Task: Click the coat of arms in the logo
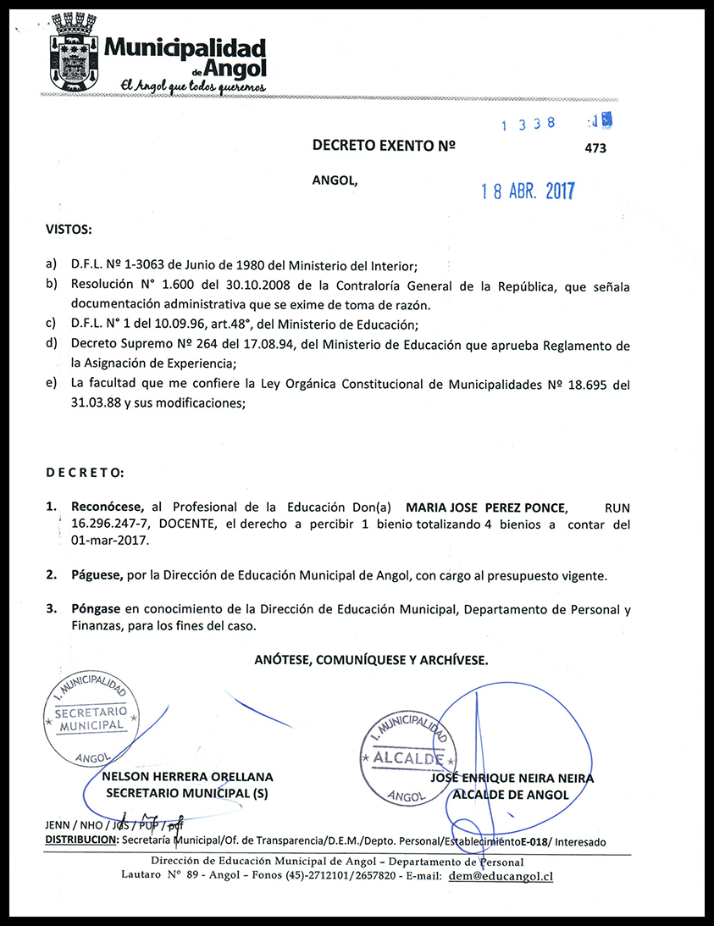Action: tap(74, 51)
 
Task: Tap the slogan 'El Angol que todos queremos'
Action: tap(194, 87)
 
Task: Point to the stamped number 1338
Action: tap(529, 124)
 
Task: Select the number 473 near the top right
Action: tap(595, 147)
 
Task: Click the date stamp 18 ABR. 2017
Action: tap(528, 191)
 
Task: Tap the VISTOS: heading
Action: tap(69, 230)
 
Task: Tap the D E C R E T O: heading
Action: tap(85, 471)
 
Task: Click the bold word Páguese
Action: tap(97, 575)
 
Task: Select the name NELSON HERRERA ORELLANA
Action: tap(187, 776)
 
